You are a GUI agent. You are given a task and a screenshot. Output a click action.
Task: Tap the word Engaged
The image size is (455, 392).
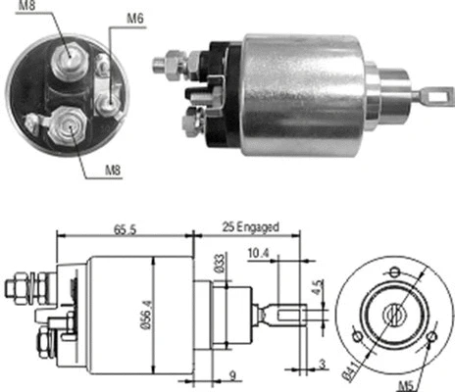click(x=259, y=227)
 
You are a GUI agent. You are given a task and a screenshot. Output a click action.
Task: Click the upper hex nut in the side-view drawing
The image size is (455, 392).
click(x=17, y=287)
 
